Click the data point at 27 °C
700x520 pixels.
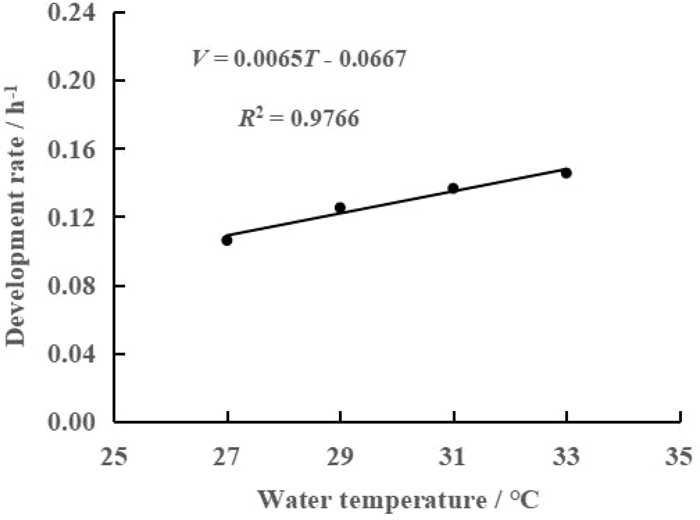tap(227, 241)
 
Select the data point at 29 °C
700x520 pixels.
tap(340, 207)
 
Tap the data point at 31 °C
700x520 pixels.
tap(453, 188)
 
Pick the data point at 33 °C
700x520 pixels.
tap(566, 173)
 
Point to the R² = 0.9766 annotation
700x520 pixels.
tap(299, 118)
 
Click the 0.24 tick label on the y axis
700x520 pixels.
tap(71, 14)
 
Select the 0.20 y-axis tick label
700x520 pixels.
tap(71, 81)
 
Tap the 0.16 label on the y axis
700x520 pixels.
tap(71, 150)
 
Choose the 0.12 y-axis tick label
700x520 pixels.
tap(71, 218)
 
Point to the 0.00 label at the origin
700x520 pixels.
tap(71, 422)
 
